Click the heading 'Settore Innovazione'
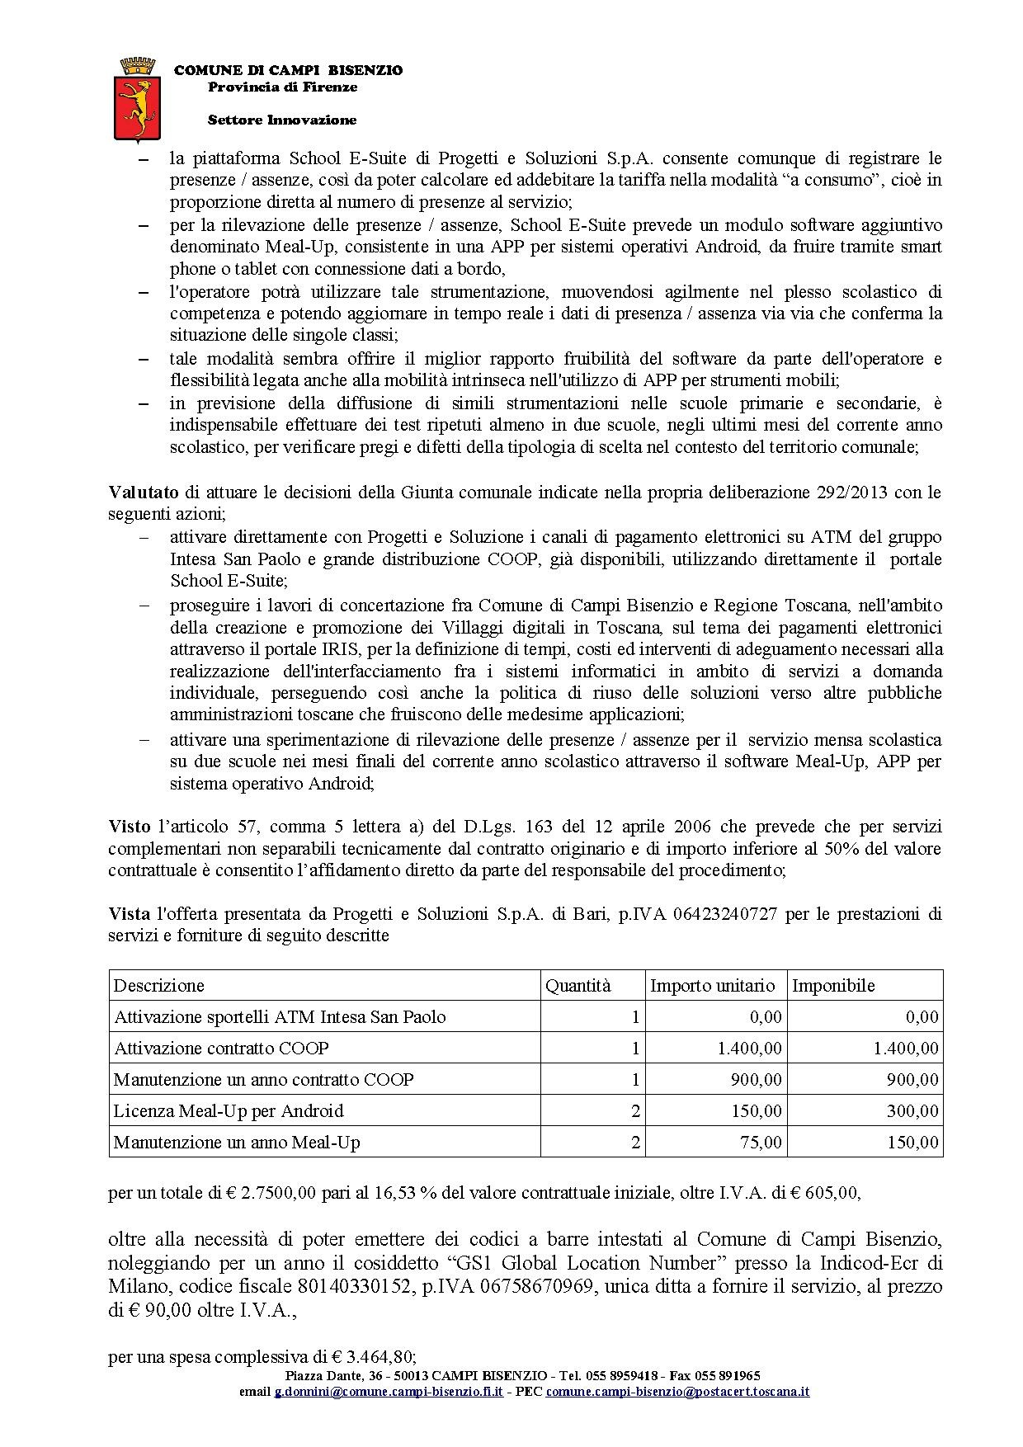[x=282, y=120]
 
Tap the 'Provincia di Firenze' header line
[x=282, y=87]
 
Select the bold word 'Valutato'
[x=144, y=493]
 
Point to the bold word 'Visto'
[x=129, y=827]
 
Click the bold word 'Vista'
[x=129, y=914]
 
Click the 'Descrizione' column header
[x=159, y=985]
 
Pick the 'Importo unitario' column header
[x=713, y=985]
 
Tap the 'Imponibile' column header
[x=833, y=985]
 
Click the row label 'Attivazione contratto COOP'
[x=221, y=1049]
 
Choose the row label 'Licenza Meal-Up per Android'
[x=229, y=1111]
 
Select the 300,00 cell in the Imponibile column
[x=912, y=1111]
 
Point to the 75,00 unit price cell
[x=760, y=1143]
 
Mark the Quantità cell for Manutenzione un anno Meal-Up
[x=635, y=1143]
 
